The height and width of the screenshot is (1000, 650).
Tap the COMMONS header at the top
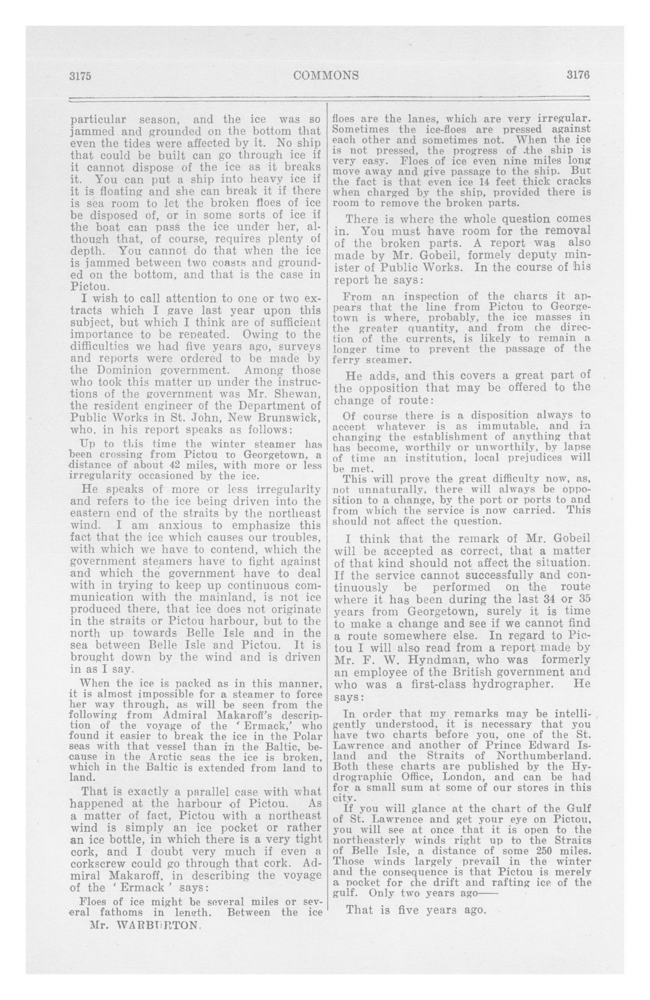tap(326, 75)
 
